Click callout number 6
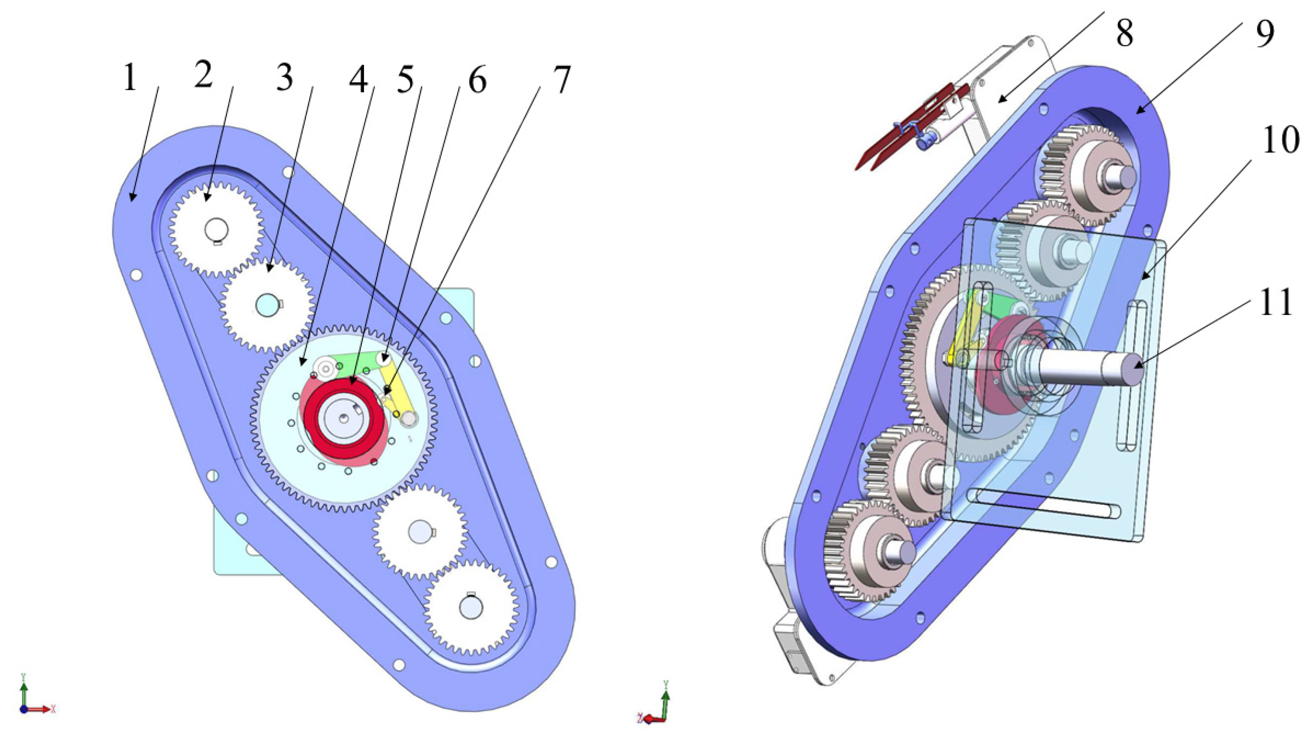(x=477, y=81)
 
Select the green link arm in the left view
(x=358, y=364)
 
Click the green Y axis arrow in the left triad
(x=23, y=688)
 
